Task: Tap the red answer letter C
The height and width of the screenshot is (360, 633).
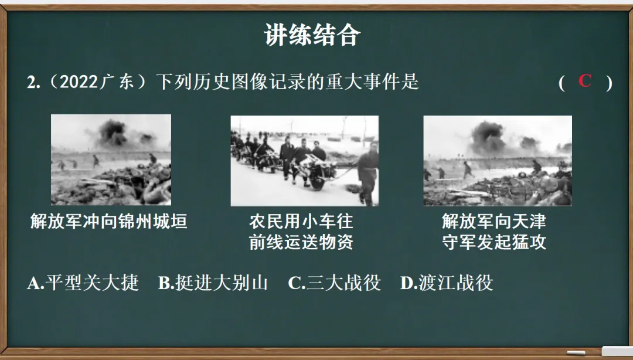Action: pos(584,81)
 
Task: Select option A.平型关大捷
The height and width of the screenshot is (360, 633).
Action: pos(83,283)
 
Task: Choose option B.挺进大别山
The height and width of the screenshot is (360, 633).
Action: pos(213,283)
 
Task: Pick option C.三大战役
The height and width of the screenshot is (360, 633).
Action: pos(334,283)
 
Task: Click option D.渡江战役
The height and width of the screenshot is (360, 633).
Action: pos(446,283)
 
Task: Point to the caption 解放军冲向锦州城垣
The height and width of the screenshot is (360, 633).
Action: pos(109,222)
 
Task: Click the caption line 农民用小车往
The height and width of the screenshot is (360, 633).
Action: pos(301,222)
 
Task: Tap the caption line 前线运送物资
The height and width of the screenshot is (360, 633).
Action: pos(301,242)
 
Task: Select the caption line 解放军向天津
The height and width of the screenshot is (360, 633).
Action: pos(494,222)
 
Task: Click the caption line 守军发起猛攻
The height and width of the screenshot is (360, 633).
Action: pos(494,242)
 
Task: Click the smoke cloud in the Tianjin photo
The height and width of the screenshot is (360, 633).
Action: pos(488,134)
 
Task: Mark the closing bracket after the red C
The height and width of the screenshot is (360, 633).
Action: pos(609,83)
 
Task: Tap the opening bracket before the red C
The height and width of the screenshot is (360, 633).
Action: pos(561,83)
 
